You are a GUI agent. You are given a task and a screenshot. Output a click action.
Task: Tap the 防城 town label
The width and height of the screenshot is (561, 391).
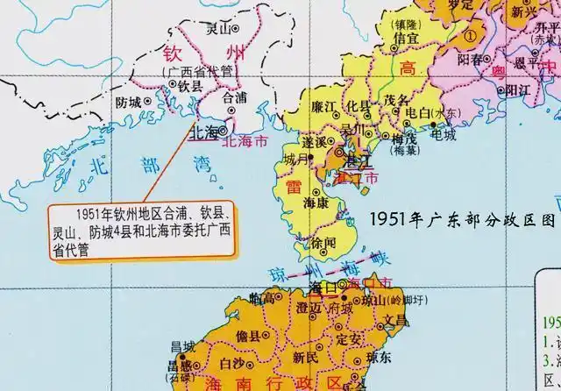[x=129, y=101]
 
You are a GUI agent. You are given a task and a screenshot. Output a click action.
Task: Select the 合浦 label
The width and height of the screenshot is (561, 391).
[x=236, y=99]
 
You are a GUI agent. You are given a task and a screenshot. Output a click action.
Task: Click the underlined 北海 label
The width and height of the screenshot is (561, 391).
[x=207, y=133]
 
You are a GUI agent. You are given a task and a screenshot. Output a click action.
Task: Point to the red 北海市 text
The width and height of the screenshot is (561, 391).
[x=248, y=140]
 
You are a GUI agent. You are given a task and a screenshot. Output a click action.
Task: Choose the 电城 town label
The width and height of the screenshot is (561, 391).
[x=443, y=135]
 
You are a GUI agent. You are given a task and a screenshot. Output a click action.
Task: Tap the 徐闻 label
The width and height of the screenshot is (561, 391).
[x=324, y=242]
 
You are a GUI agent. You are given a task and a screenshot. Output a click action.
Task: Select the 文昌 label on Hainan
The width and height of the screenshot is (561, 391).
[x=395, y=320]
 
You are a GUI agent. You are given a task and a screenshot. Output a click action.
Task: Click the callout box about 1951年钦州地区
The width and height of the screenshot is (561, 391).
[x=142, y=229]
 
